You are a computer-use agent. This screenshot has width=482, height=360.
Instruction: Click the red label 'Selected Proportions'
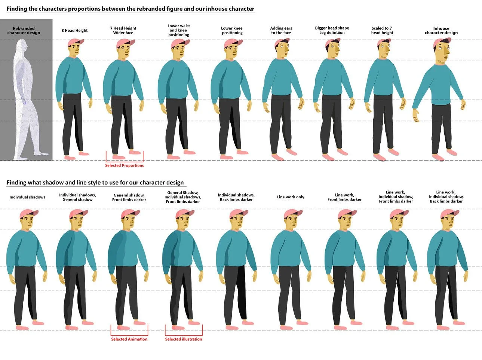(x=124, y=165)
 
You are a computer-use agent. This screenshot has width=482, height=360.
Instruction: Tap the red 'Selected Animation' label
(x=129, y=339)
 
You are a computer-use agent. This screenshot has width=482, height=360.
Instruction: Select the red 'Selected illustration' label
(x=183, y=339)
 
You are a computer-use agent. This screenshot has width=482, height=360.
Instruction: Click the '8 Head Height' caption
(x=74, y=31)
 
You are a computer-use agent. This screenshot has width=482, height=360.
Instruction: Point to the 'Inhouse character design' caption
(x=441, y=30)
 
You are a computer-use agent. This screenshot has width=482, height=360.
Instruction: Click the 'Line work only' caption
(x=291, y=197)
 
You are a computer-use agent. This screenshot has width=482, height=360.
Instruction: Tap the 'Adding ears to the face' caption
(x=281, y=30)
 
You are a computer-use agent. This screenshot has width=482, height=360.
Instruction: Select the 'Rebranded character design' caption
(x=24, y=30)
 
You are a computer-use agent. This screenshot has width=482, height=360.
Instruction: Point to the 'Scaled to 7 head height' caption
(x=382, y=30)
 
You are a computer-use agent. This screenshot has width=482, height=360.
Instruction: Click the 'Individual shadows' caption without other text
(x=27, y=197)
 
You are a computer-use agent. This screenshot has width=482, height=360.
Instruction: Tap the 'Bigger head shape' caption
(x=332, y=28)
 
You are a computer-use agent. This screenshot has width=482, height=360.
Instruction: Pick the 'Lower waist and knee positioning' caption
(x=178, y=30)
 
